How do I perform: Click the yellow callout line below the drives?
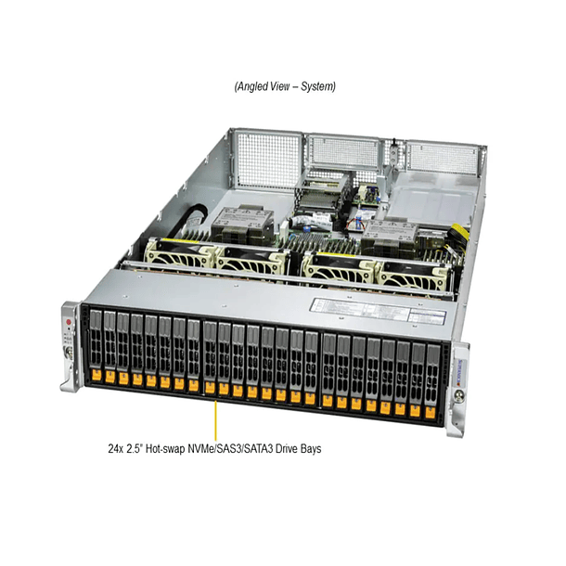[215, 417]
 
